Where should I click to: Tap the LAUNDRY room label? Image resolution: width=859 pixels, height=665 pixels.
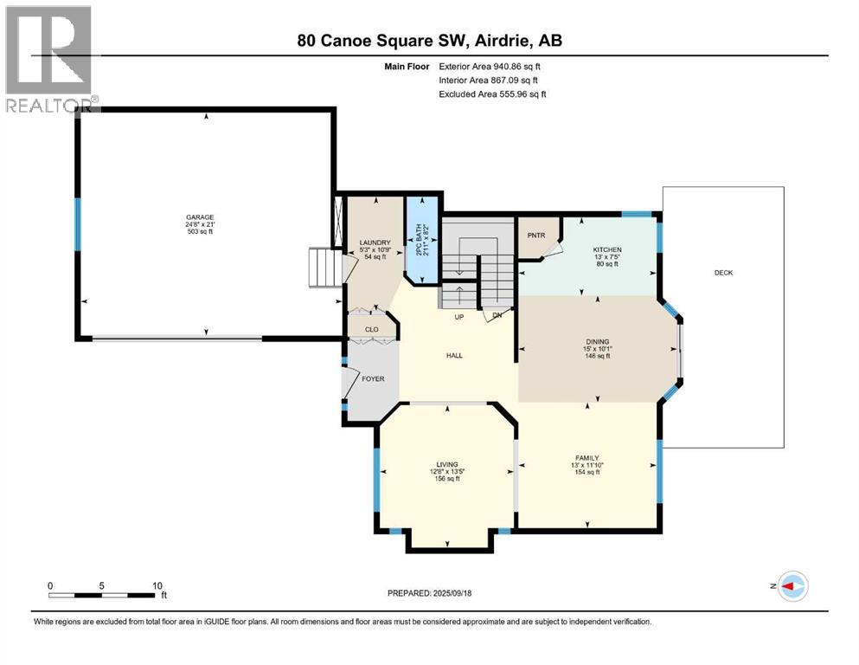[x=375, y=242]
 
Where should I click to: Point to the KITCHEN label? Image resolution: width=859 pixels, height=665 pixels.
[x=606, y=249]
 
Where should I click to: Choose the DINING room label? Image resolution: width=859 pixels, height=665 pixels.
[x=598, y=341]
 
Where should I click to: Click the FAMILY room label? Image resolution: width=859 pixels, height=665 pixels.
[x=587, y=457]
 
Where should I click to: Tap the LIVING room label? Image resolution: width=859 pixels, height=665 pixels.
[x=446, y=464]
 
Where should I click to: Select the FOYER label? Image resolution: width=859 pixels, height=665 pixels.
[x=373, y=378]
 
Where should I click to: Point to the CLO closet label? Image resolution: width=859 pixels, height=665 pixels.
[x=372, y=329]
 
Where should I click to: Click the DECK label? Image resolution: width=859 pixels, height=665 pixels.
[x=724, y=273]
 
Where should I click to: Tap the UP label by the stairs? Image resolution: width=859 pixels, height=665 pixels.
[x=461, y=316]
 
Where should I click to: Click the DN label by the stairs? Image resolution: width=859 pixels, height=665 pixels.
[x=497, y=316]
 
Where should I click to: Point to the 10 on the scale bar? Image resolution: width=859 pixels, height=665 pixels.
[x=157, y=585]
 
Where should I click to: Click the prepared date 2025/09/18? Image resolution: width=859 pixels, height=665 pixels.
[x=429, y=593]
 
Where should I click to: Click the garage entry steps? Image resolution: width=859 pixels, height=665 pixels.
[x=325, y=268]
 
